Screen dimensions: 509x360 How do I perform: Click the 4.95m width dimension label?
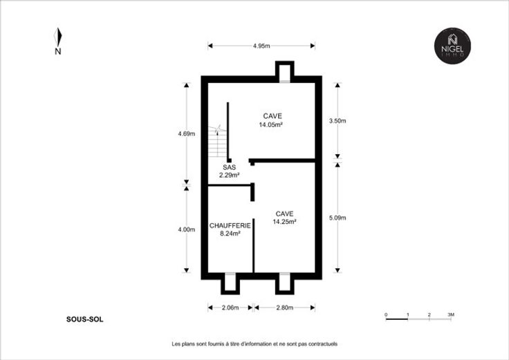coord(261,46)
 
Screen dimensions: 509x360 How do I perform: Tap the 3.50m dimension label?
coord(337,121)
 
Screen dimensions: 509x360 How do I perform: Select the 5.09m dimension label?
coord(337,218)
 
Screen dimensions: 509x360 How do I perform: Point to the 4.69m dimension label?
coord(187,133)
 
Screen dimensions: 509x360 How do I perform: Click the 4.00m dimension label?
coord(187,229)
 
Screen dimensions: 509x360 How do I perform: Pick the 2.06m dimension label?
coord(230,307)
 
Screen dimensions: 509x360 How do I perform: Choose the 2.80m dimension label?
coord(285,307)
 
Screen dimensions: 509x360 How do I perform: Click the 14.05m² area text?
coord(270,124)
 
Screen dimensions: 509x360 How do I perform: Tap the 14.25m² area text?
coord(284,222)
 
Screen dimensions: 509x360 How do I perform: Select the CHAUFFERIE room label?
coord(230,225)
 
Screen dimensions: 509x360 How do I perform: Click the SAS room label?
coord(229,167)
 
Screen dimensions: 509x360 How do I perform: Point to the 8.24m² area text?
coord(230,234)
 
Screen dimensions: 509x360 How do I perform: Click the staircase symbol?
coord(217,142)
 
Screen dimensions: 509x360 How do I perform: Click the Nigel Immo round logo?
coord(452,46)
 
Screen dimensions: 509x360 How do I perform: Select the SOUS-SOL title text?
coord(85,319)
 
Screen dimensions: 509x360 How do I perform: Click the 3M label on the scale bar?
coord(451,314)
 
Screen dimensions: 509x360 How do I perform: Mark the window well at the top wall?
coord(285,72)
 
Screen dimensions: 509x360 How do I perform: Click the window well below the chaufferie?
coord(230,283)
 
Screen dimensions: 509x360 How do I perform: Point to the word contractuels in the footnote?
coord(323,344)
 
